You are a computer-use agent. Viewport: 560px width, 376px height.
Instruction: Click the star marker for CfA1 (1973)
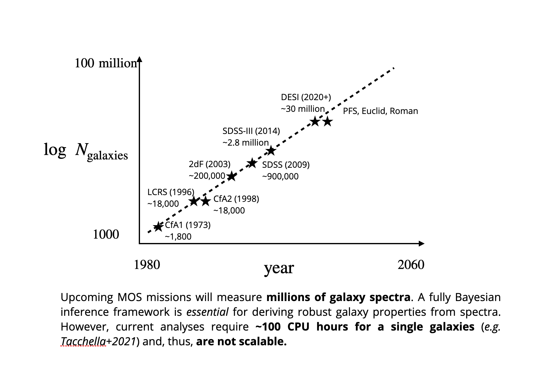[158, 227]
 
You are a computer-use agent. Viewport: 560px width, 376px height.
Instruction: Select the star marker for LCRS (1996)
[194, 202]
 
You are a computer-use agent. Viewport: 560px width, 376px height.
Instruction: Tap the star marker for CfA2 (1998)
[205, 202]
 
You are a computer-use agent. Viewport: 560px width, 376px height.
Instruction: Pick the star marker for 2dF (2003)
[231, 176]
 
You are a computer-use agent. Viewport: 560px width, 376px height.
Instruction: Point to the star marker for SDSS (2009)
[252, 163]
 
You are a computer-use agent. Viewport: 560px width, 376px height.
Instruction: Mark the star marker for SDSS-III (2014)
[270, 151]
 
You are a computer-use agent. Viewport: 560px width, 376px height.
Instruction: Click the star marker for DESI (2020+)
[315, 121]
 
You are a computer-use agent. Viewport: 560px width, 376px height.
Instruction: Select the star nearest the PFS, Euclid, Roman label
[328, 121]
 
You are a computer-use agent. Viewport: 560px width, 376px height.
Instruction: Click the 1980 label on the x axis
[147, 265]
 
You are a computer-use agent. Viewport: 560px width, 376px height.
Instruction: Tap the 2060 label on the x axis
[411, 265]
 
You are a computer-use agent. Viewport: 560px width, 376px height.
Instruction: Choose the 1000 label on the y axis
[106, 235]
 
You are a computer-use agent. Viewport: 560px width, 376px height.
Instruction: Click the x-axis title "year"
[279, 268]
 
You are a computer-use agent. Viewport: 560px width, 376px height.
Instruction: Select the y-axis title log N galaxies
[86, 151]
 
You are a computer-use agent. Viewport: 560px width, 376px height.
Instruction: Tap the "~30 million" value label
[303, 109]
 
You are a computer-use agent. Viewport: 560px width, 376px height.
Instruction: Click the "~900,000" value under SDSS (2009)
[280, 177]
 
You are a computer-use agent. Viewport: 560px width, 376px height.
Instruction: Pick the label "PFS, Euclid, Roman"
[380, 111]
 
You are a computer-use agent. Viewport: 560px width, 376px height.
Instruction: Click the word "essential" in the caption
[207, 312]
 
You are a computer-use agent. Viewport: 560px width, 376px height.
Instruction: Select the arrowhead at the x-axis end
[422, 244]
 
